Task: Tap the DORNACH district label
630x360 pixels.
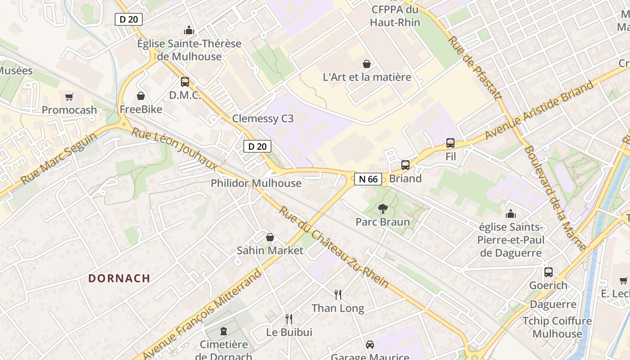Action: tap(119, 278)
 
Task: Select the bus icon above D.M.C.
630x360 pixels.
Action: tap(185, 82)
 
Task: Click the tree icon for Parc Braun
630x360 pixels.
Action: tap(383, 208)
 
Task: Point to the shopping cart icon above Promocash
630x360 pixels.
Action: tap(69, 97)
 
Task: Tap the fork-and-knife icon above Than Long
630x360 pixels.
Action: tap(338, 295)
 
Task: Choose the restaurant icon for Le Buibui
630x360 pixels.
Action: tap(289, 319)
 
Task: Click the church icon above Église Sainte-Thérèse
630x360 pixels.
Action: tap(189, 31)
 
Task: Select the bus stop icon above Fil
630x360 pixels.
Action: tap(450, 143)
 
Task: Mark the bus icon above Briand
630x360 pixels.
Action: tap(405, 165)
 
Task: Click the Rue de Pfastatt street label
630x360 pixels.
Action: tap(474, 68)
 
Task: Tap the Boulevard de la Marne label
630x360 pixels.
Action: tap(555, 198)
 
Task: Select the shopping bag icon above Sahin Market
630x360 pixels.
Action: tap(270, 237)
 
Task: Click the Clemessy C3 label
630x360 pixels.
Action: tap(263, 119)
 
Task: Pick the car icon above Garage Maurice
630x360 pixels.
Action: tap(370, 345)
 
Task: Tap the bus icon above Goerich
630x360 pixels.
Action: tap(548, 272)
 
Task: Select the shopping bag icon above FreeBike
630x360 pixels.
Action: tap(141, 96)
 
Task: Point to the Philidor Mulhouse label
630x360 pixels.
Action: tap(256, 183)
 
